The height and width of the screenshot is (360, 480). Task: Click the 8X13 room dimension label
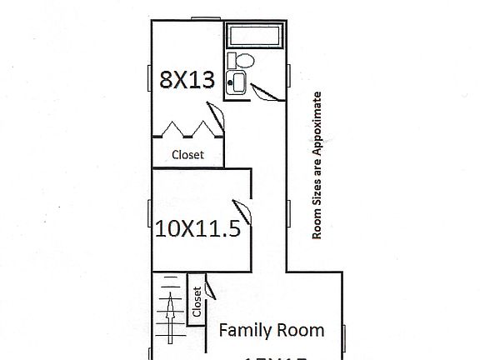coord(187,81)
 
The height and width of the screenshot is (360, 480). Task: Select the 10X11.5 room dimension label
coord(198,228)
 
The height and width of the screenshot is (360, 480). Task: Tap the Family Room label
coord(271,330)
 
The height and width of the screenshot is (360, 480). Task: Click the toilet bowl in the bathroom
coord(243,60)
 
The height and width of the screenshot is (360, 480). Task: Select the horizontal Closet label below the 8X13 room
coord(187,154)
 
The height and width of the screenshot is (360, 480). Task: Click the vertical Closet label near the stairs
coord(197,302)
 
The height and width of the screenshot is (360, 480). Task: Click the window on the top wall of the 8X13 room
coord(202,18)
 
